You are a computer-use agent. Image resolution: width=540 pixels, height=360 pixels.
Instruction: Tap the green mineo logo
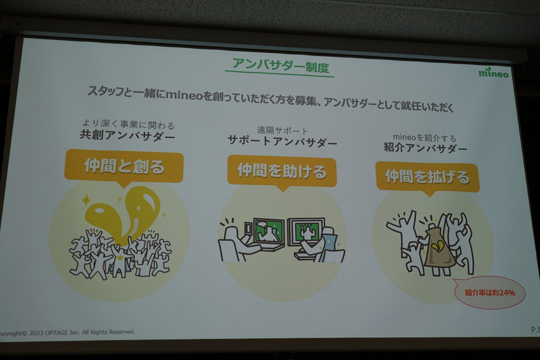[x=494, y=73]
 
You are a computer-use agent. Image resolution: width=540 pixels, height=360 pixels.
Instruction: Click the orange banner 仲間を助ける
[x=282, y=172]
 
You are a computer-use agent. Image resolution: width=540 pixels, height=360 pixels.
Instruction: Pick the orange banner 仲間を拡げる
[x=427, y=177]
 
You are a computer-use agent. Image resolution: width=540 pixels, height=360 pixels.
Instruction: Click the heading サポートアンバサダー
[x=282, y=141]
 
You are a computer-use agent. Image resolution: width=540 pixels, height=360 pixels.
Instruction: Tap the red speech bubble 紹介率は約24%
[x=490, y=292]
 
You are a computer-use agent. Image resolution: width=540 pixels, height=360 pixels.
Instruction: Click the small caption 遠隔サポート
[x=282, y=130]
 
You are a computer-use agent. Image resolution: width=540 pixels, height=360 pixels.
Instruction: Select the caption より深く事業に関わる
[x=128, y=124]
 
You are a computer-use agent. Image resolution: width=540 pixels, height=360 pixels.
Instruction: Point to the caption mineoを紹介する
[x=425, y=138]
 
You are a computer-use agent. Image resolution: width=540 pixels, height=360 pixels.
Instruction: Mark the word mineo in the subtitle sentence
[x=184, y=95]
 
